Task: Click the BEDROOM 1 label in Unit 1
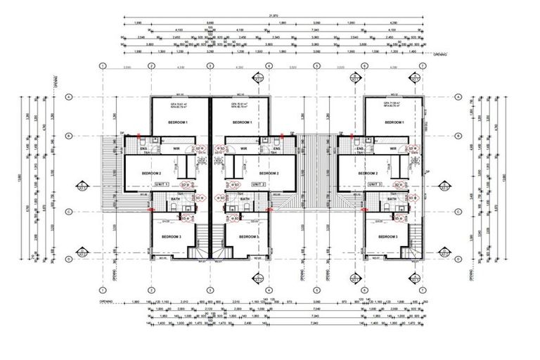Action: [181, 122]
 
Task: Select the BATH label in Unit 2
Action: [244, 200]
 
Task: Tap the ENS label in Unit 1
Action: [144, 149]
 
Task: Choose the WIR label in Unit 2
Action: [243, 148]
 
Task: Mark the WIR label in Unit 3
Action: [392, 148]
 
